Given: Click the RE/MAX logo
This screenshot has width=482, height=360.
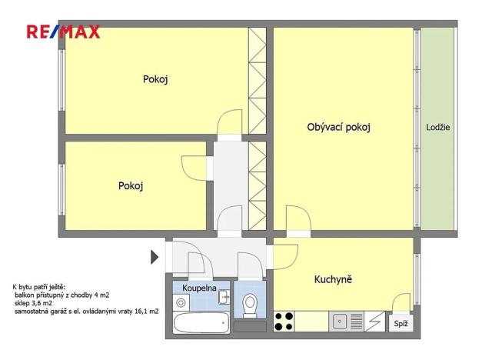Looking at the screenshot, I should pos(64,32).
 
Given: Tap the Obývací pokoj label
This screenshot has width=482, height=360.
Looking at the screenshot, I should pos(338,127).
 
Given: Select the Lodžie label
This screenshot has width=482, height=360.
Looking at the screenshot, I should pos(438,127).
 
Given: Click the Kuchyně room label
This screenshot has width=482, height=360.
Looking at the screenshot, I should pos(333,279).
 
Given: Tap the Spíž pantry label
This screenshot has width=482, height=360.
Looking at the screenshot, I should pos(401,325).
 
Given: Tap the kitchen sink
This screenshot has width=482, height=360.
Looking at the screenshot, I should pos(341,321).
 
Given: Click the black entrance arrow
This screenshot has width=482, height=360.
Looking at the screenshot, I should pos(155,256).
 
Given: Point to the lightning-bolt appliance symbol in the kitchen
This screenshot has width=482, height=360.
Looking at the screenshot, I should pos(374,321).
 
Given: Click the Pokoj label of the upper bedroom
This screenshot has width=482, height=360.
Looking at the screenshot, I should pos(155,79).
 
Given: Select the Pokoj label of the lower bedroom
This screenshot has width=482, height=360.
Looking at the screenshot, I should pos(131,185).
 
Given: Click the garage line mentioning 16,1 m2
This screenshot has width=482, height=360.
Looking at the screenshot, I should pos(86,311).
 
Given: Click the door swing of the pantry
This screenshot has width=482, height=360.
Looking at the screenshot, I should pos(401,303).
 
